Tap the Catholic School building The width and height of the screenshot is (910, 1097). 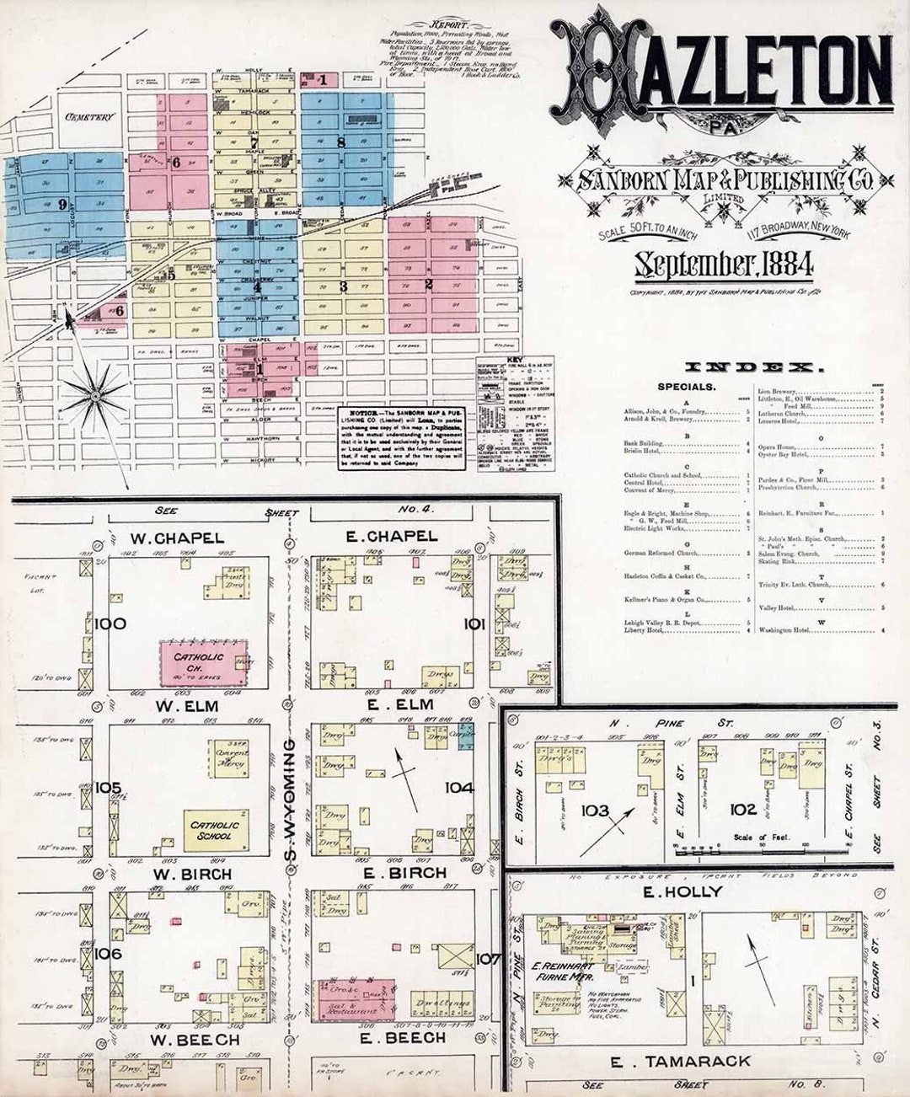click(216, 830)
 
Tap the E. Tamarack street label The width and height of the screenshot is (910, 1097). click(680, 1062)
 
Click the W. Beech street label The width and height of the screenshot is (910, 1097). click(195, 1040)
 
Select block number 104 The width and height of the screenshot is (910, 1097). click(460, 788)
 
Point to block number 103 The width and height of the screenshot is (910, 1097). click(595, 810)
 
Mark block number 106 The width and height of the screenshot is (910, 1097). click(109, 954)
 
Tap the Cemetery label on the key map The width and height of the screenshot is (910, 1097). click(88, 117)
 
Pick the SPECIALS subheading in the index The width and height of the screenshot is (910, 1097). click(687, 387)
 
